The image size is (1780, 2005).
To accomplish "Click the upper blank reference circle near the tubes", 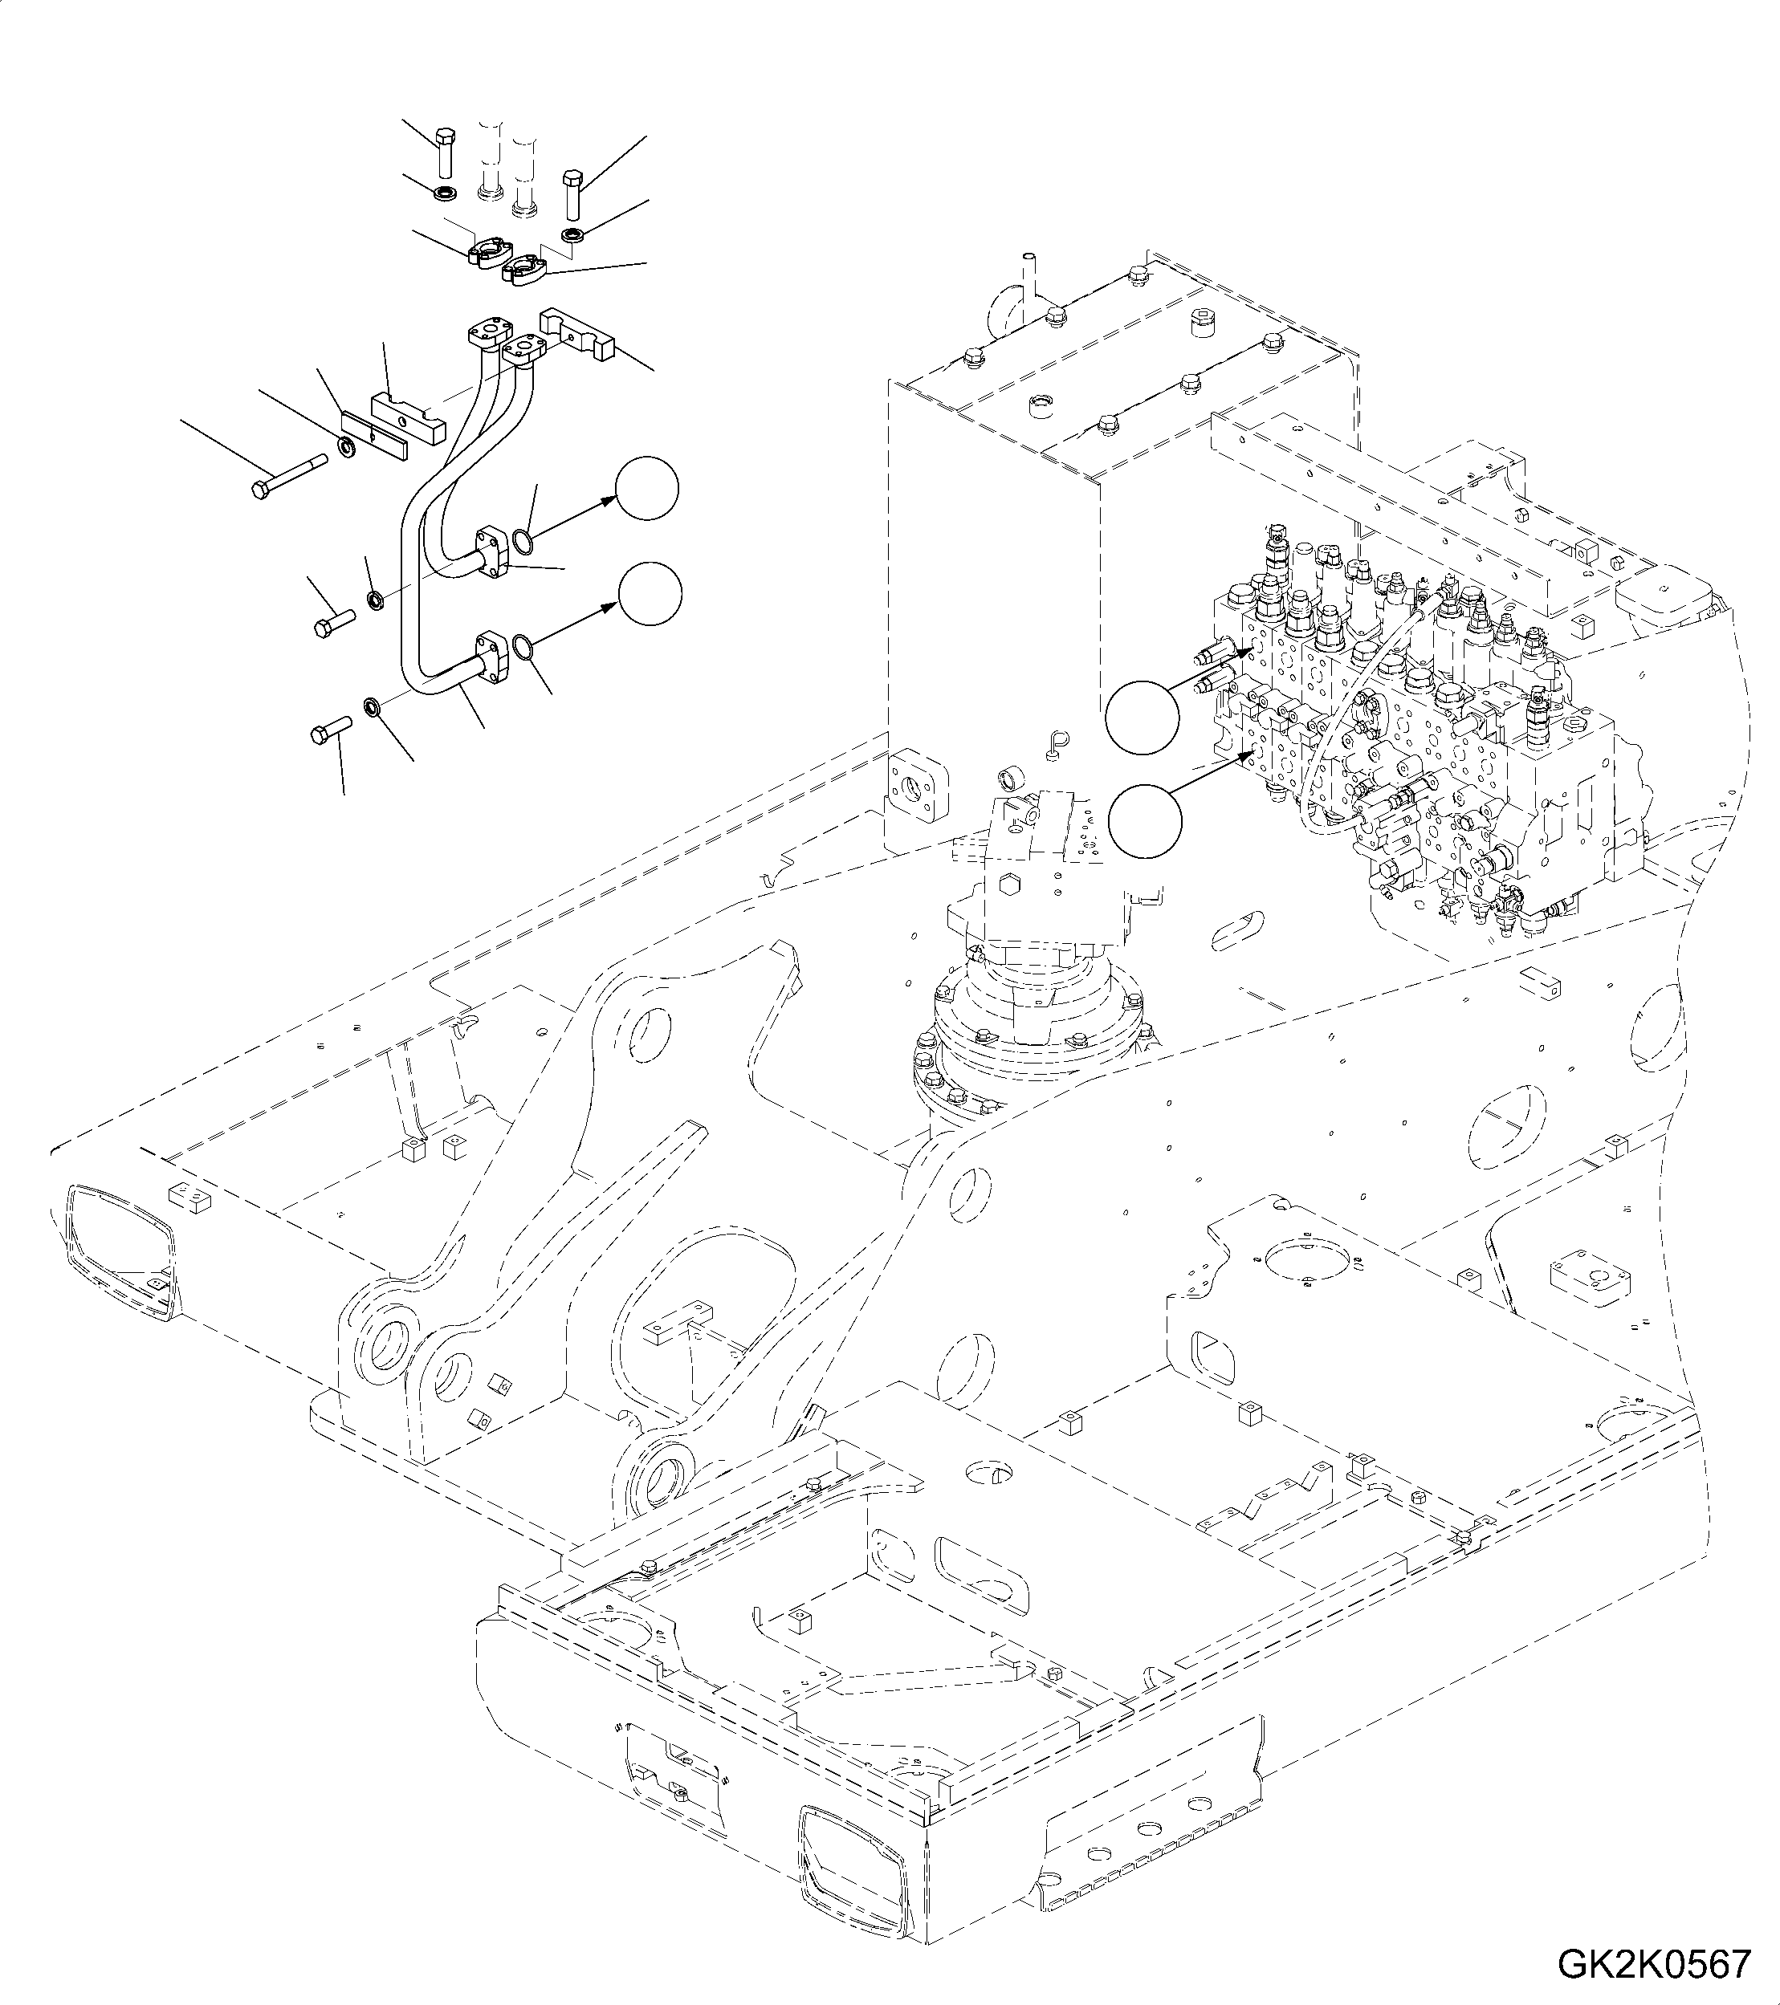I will tap(646, 489).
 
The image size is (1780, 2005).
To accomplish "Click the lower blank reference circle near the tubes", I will tap(650, 593).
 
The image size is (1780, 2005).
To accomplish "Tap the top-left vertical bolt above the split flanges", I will tap(443, 153).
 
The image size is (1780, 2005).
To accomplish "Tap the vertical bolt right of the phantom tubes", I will tap(573, 193).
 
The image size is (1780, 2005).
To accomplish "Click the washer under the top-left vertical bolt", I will tap(443, 190).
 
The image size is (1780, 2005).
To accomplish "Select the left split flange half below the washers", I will tap(487, 252).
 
